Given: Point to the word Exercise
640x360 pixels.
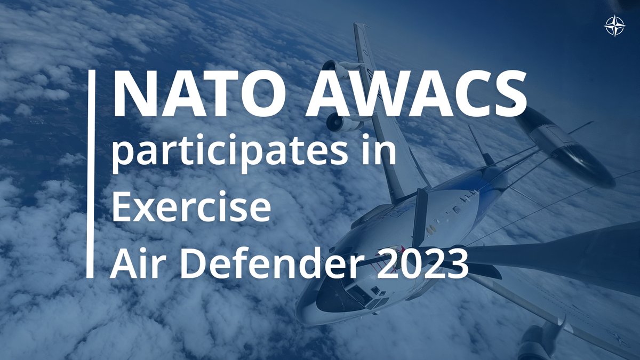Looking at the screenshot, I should (x=190, y=207).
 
